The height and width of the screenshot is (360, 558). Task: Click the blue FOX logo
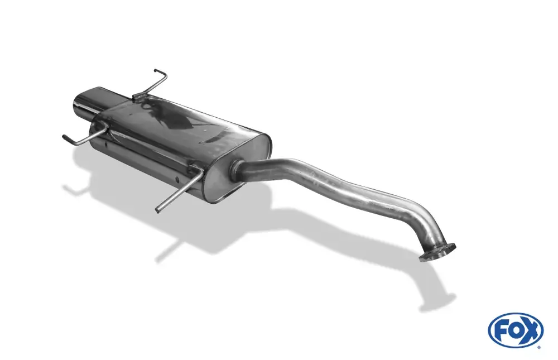point(516,330)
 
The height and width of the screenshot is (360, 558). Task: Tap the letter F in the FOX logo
point(501,332)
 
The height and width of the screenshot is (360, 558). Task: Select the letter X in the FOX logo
point(531,331)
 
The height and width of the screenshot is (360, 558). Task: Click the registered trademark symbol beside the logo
point(540,347)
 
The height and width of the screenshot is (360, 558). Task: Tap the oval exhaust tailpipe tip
point(84,102)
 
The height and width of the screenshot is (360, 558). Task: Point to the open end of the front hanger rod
point(158,210)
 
